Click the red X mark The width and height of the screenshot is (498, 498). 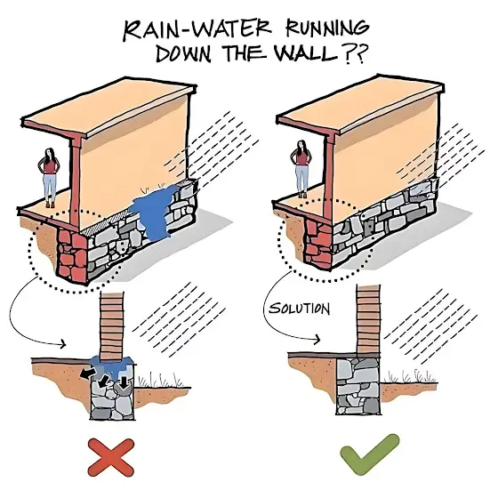click(111, 458)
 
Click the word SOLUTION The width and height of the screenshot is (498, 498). click(299, 309)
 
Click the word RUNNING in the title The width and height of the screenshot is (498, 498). click(327, 28)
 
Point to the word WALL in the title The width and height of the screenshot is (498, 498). click(305, 52)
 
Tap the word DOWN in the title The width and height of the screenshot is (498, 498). click(183, 53)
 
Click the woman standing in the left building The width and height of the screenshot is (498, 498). click(49, 177)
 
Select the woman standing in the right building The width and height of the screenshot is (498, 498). click(301, 169)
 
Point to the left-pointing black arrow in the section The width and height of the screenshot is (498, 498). click(87, 373)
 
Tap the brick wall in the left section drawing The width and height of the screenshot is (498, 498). click(111, 326)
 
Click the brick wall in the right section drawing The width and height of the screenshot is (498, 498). click(368, 319)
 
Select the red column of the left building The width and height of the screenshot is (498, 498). click(76, 181)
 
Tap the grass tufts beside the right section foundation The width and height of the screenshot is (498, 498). click(410, 376)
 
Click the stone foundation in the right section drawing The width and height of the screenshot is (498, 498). click(357, 386)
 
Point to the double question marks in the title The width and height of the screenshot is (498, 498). click(355, 53)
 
